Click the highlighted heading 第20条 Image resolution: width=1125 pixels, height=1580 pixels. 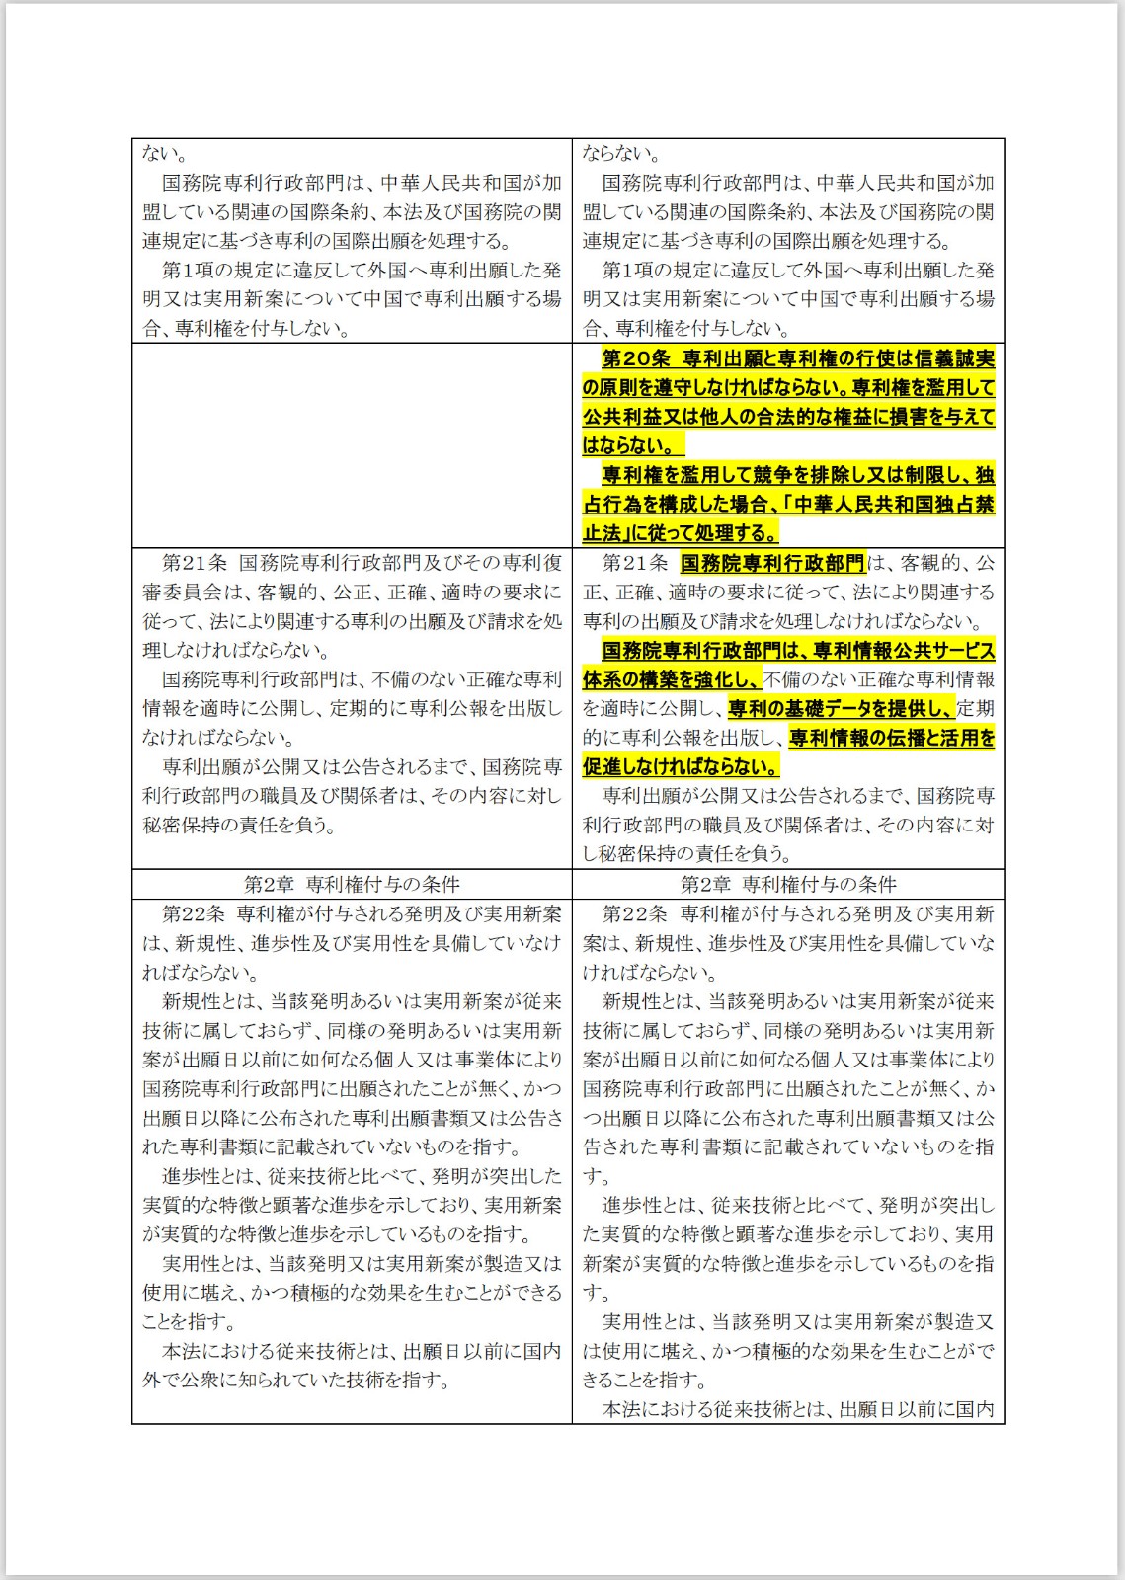(x=636, y=358)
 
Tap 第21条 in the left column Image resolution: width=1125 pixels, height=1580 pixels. (x=194, y=563)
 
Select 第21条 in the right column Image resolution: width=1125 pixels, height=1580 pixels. (x=635, y=563)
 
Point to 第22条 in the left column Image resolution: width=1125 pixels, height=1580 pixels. (x=194, y=914)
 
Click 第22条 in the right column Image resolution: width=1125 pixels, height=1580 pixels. (x=635, y=914)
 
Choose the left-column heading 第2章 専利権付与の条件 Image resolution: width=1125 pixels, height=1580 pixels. (x=352, y=884)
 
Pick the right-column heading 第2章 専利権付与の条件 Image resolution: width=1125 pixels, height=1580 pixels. (x=788, y=884)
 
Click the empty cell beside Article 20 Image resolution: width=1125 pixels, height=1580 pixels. (x=352, y=445)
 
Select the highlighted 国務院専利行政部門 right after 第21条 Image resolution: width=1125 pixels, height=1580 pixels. (x=772, y=563)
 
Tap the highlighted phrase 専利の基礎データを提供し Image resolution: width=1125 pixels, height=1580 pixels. (x=841, y=709)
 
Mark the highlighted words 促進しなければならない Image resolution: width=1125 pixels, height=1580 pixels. (x=681, y=767)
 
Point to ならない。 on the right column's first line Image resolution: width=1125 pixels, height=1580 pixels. (x=621, y=154)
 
